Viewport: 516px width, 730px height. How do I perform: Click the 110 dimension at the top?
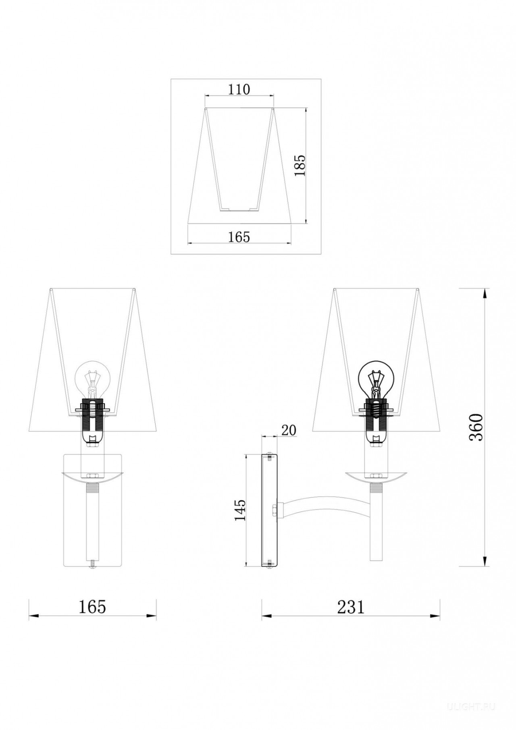point(239,89)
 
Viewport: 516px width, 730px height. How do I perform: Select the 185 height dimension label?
point(300,165)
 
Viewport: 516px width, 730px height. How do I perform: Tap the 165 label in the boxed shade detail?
point(239,237)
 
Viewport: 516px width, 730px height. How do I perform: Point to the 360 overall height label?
point(476,427)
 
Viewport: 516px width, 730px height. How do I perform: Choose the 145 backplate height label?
point(239,510)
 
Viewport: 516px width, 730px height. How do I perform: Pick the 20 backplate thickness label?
point(288,430)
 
